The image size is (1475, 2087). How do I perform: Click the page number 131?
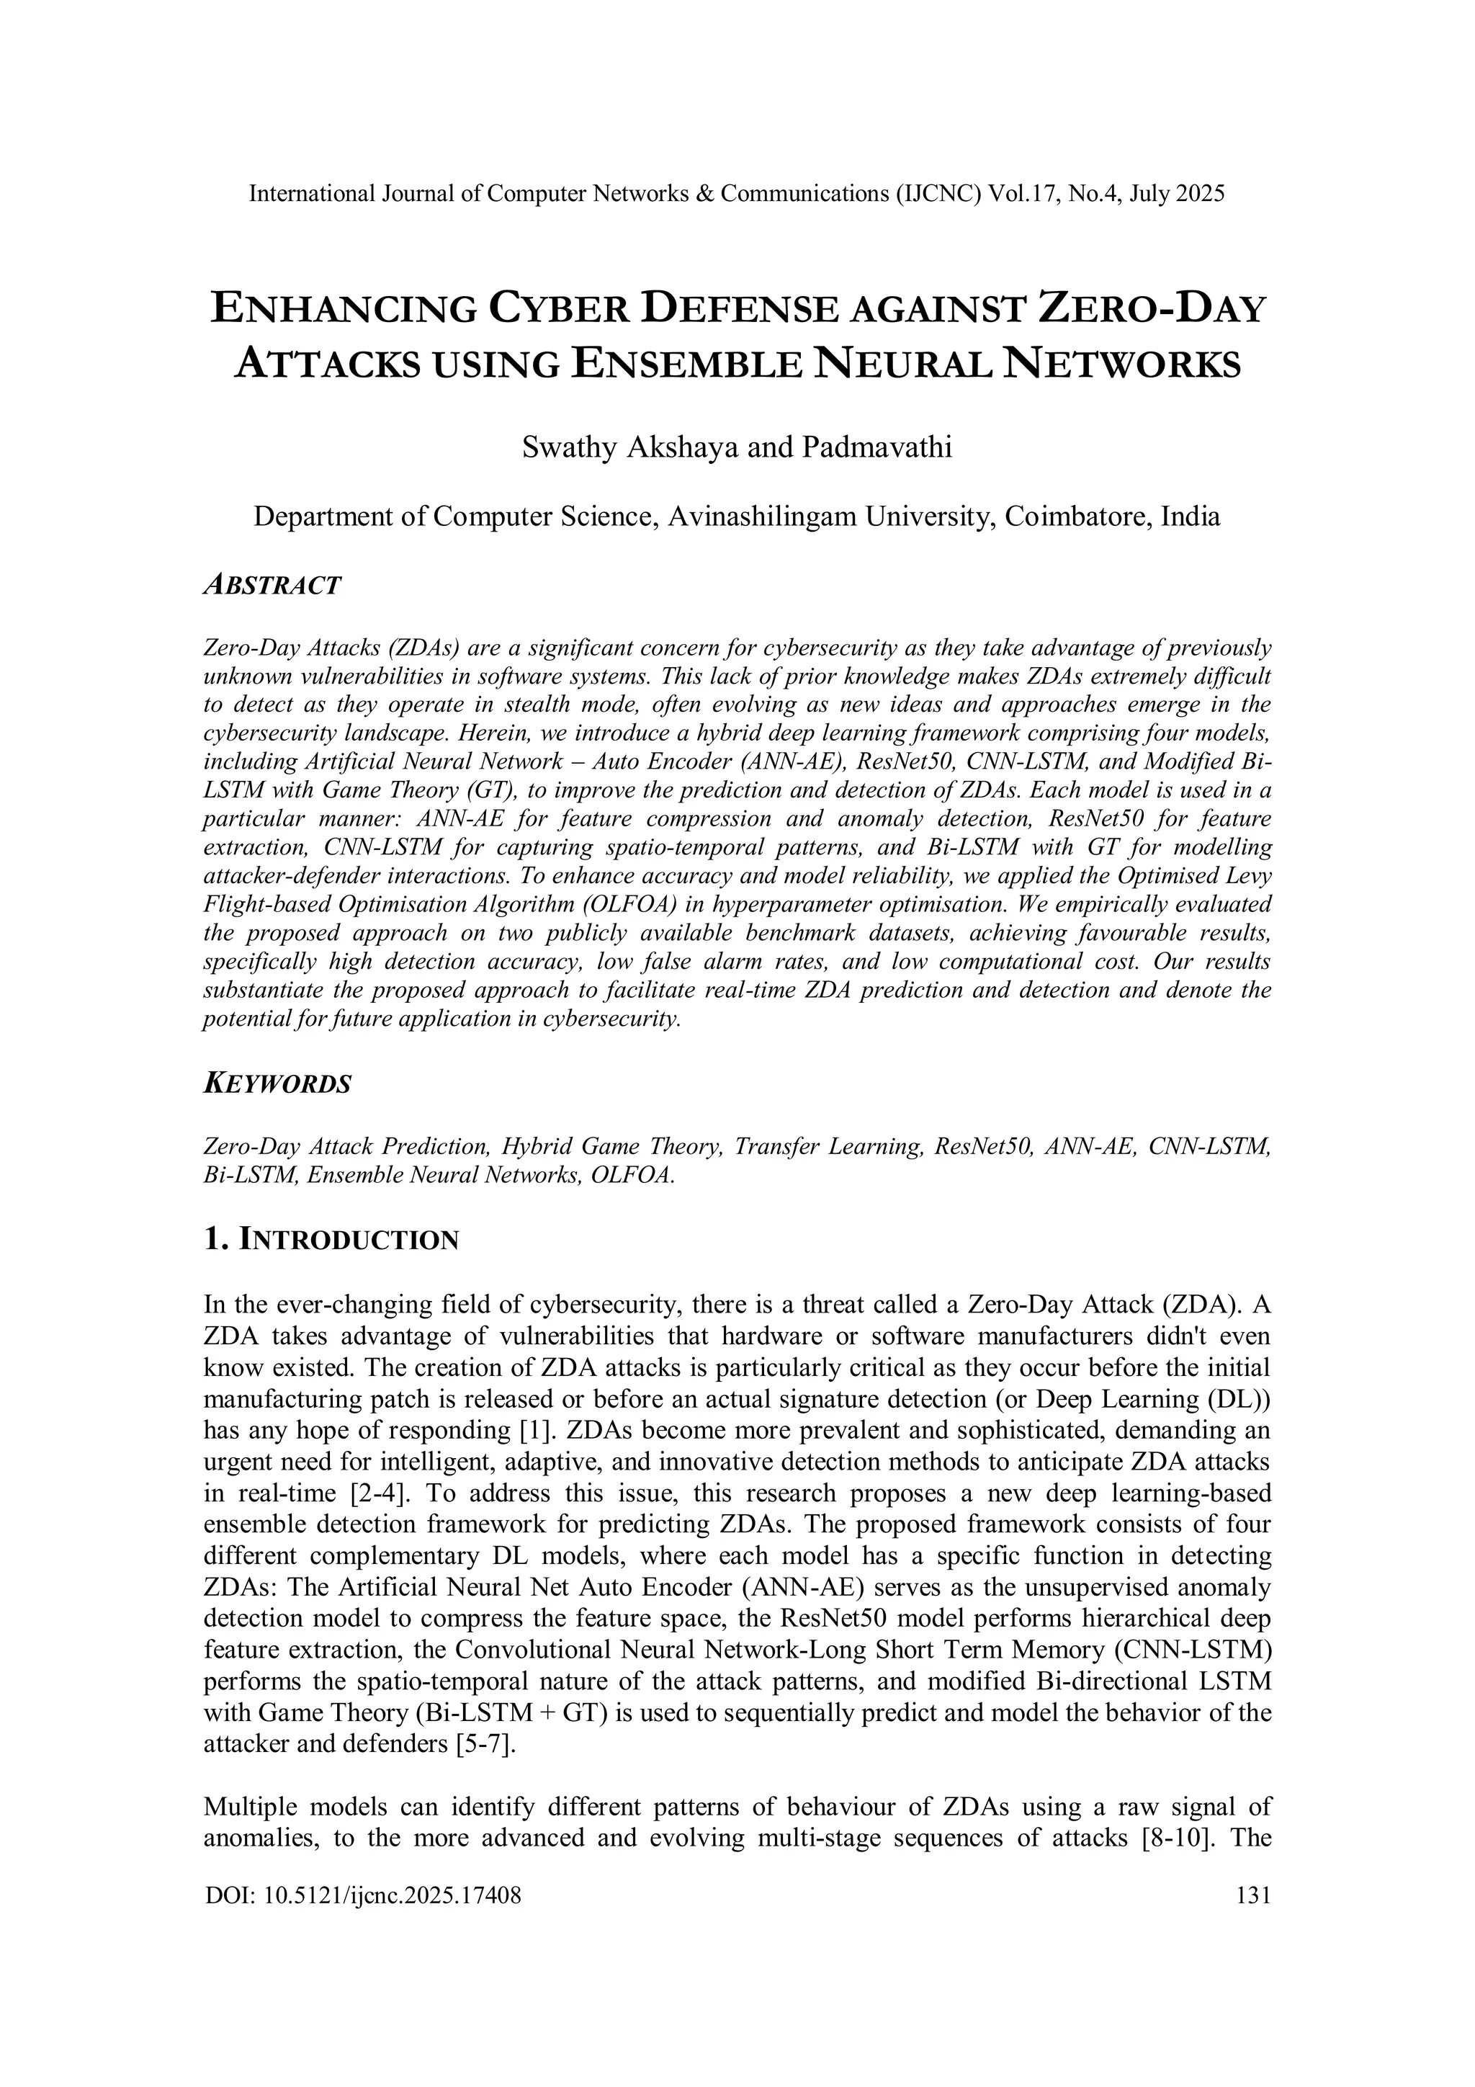1253,1895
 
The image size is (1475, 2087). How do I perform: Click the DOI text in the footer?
364,1895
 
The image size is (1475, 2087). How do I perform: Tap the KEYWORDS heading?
277,1084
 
